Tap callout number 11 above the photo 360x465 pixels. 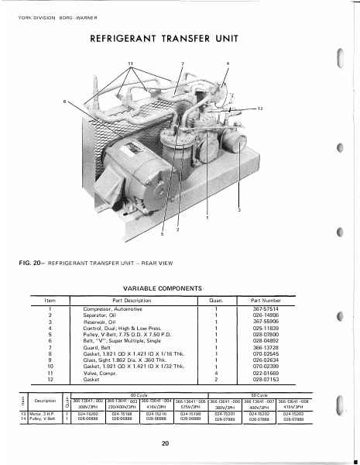[130, 62]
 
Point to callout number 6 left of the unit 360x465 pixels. [64, 102]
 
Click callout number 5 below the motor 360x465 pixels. [163, 234]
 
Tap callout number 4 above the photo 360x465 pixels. [228, 62]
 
